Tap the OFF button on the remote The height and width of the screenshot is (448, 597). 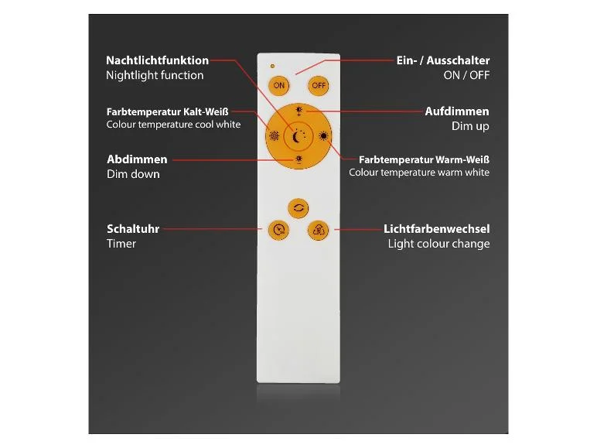[x=319, y=85]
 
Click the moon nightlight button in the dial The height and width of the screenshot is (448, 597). [x=298, y=136]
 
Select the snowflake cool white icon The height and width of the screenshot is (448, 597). [x=274, y=136]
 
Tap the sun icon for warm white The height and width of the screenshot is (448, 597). [x=323, y=136]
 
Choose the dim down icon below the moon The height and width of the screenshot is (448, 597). [x=298, y=159]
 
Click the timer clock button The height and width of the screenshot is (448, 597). [x=278, y=230]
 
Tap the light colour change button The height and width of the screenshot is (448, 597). [x=318, y=230]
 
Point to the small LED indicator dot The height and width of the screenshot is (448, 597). [x=272, y=67]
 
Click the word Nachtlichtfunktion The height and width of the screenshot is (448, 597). [x=157, y=60]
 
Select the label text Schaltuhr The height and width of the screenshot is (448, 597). [x=133, y=229]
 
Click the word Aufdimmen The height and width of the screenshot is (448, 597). [x=457, y=111]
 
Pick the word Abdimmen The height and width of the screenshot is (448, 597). [x=137, y=159]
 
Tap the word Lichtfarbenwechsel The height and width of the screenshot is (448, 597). [x=436, y=229]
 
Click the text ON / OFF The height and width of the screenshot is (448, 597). [x=466, y=75]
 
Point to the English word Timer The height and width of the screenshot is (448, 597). [x=121, y=244]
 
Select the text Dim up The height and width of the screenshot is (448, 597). [x=470, y=126]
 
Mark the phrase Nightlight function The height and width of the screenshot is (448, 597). [x=155, y=75]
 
